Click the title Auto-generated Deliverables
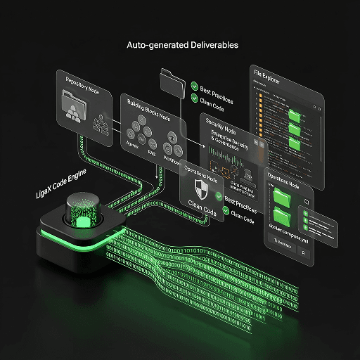click(x=182, y=45)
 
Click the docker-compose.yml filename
click(x=290, y=228)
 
